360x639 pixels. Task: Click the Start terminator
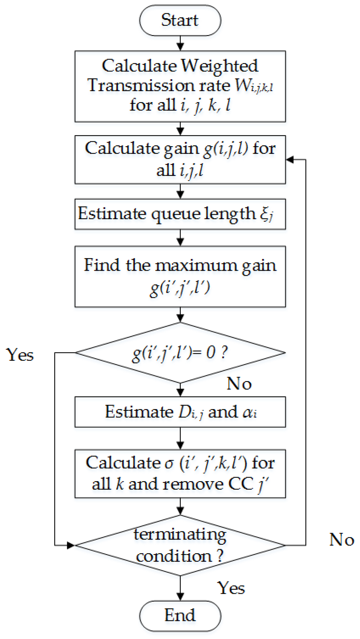click(x=180, y=20)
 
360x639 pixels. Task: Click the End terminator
click(x=180, y=615)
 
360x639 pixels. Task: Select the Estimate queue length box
click(x=180, y=214)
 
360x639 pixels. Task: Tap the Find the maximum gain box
click(x=180, y=276)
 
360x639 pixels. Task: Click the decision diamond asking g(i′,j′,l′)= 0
click(x=180, y=352)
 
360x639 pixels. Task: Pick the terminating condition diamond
click(x=180, y=545)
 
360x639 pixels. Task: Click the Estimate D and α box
click(x=180, y=412)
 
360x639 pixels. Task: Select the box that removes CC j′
click(x=180, y=473)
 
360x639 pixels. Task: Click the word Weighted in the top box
click(x=219, y=66)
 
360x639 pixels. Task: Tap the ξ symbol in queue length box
click(x=265, y=214)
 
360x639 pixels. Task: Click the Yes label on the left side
click(x=20, y=355)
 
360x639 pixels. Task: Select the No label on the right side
click(x=342, y=540)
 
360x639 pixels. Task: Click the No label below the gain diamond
click(x=239, y=383)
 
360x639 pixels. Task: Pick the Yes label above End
click(x=231, y=588)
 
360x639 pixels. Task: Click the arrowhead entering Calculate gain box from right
click(x=290, y=160)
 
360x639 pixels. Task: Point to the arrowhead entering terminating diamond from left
click(x=71, y=545)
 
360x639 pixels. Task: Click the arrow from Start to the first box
click(x=180, y=43)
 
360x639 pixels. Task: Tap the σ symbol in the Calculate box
click(x=169, y=463)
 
